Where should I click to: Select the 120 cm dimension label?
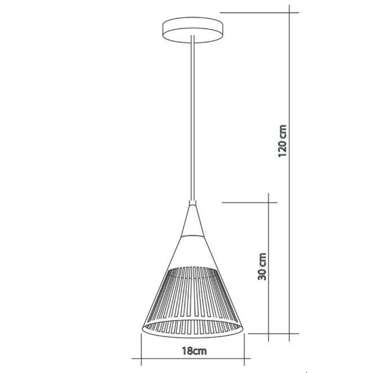click(x=283, y=141)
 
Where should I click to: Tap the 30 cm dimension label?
click(x=262, y=266)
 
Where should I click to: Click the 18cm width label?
click(x=194, y=351)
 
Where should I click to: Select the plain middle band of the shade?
click(x=192, y=252)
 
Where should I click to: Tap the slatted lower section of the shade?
click(x=192, y=295)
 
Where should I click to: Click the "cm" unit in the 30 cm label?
click(x=262, y=259)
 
